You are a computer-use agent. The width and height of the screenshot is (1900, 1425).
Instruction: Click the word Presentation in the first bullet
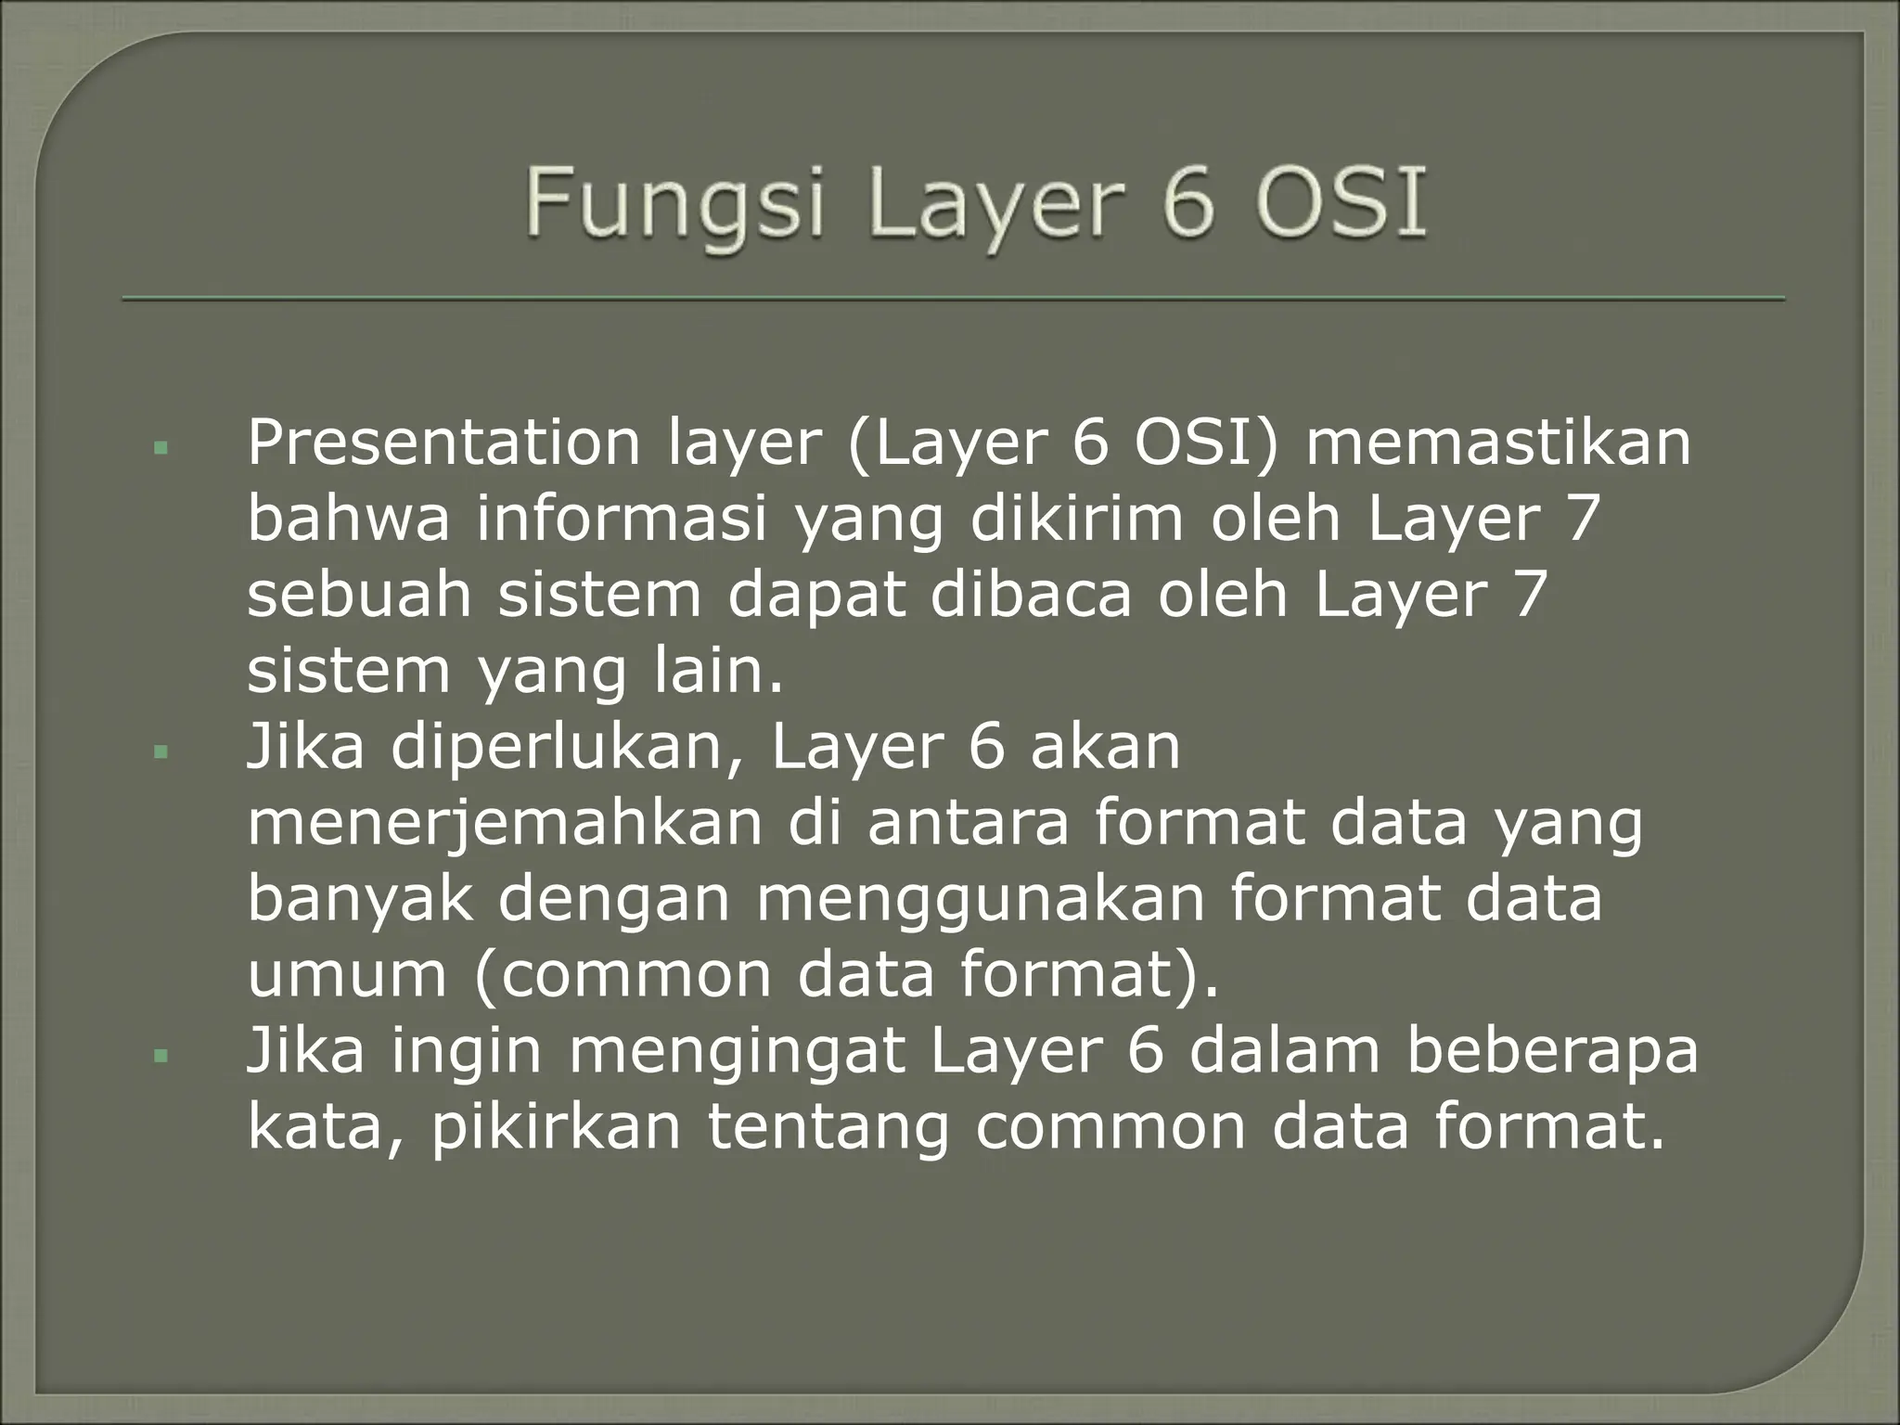coord(443,443)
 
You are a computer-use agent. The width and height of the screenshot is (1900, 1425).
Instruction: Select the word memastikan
coord(1498,443)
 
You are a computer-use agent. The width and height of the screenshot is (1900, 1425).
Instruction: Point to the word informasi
coord(623,520)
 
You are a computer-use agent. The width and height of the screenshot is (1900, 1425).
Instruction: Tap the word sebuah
coord(360,596)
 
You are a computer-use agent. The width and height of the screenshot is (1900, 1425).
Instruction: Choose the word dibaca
coord(1031,596)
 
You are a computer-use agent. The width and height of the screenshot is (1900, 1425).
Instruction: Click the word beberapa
coord(1552,1052)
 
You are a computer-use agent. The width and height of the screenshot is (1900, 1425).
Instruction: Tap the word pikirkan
coord(556,1128)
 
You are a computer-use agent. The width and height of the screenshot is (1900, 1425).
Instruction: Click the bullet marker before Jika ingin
coord(162,1056)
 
